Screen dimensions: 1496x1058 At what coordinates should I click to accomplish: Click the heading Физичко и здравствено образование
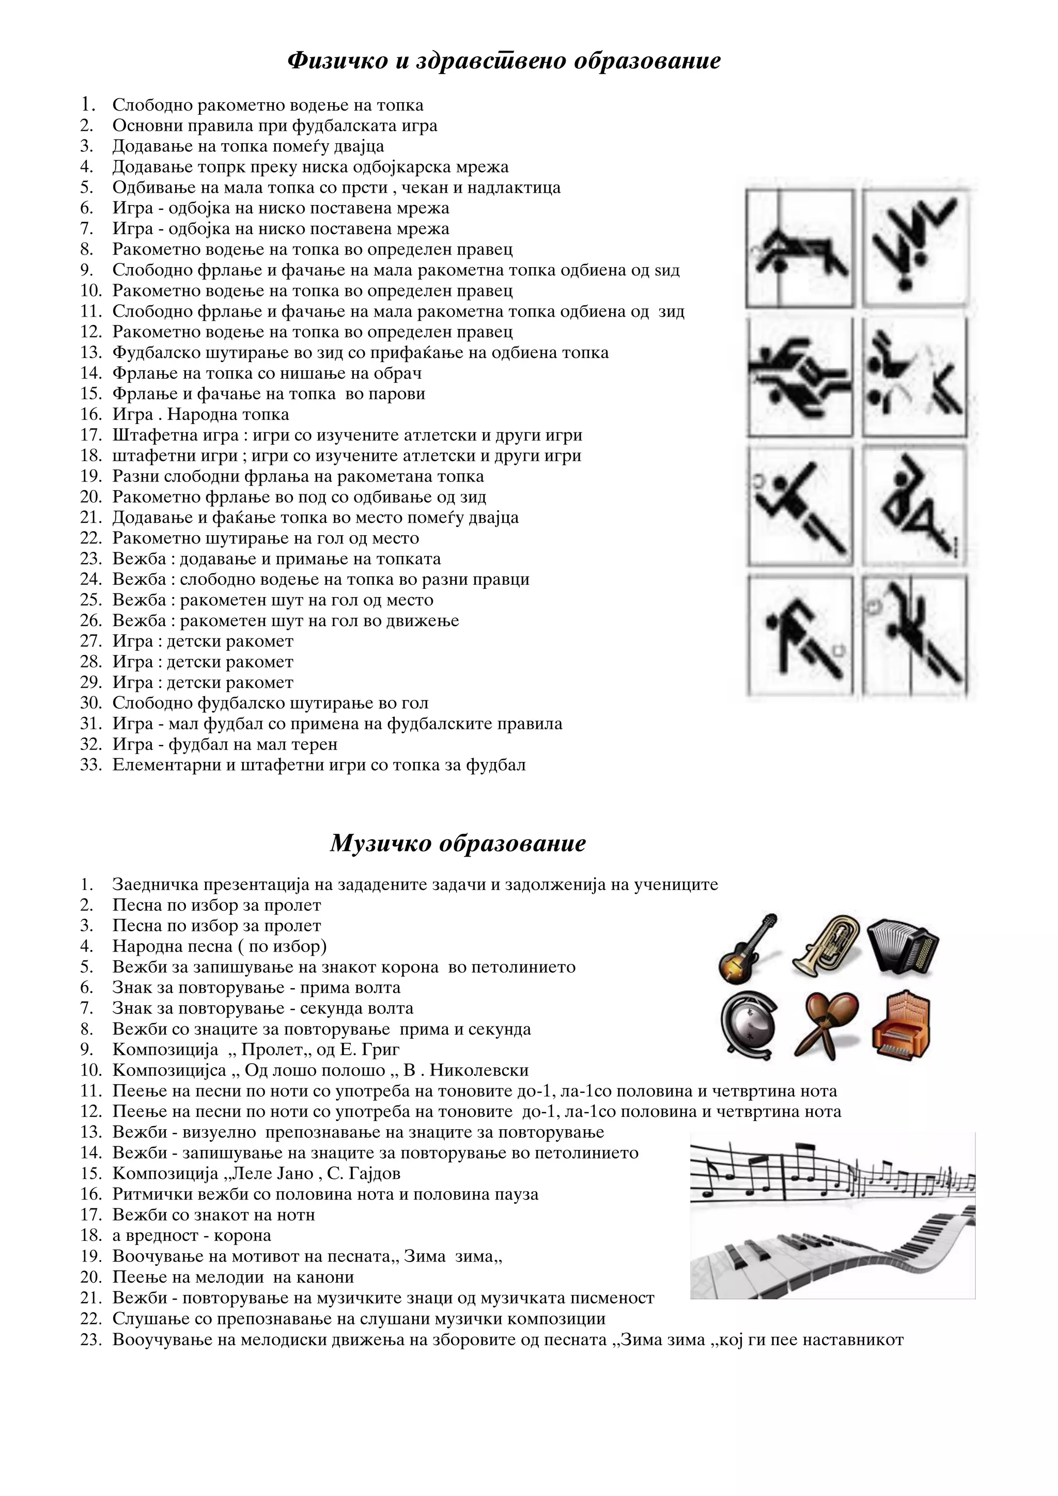[504, 60]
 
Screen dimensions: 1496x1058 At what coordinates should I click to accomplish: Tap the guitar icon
[749, 948]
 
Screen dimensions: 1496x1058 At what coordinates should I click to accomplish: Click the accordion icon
[903, 947]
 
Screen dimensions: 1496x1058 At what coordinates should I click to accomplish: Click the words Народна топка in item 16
[228, 414]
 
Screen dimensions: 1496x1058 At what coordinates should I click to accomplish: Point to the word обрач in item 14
[397, 373]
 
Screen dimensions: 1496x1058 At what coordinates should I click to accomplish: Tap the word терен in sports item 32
[315, 744]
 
